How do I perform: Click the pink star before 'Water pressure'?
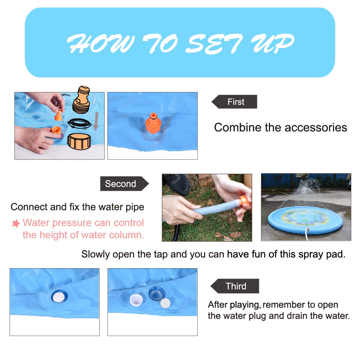point(16,223)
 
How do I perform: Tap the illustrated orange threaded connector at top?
point(81,100)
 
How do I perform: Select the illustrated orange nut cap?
point(79,141)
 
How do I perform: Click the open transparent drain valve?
point(157,293)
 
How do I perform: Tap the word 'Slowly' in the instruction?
point(95,255)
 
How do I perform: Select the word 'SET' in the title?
point(214,44)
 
